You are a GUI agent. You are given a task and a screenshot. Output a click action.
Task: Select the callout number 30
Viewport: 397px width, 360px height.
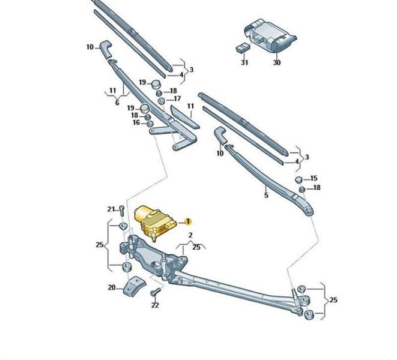[276, 62]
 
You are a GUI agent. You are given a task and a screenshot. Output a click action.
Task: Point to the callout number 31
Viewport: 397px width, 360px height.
[244, 62]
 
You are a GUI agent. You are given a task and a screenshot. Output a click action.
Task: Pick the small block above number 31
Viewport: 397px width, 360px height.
[243, 47]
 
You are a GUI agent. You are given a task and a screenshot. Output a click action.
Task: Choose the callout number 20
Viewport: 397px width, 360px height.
[112, 287]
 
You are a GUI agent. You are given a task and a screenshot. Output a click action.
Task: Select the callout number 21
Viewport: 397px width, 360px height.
[111, 209]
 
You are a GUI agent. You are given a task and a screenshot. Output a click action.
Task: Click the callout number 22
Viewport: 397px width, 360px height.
[155, 305]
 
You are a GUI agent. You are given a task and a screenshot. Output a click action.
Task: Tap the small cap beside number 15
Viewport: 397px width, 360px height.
[299, 179]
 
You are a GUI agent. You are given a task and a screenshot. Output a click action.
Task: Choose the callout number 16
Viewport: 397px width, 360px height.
[136, 122]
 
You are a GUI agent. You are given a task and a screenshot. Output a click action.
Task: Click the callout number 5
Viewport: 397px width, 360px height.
[265, 194]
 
